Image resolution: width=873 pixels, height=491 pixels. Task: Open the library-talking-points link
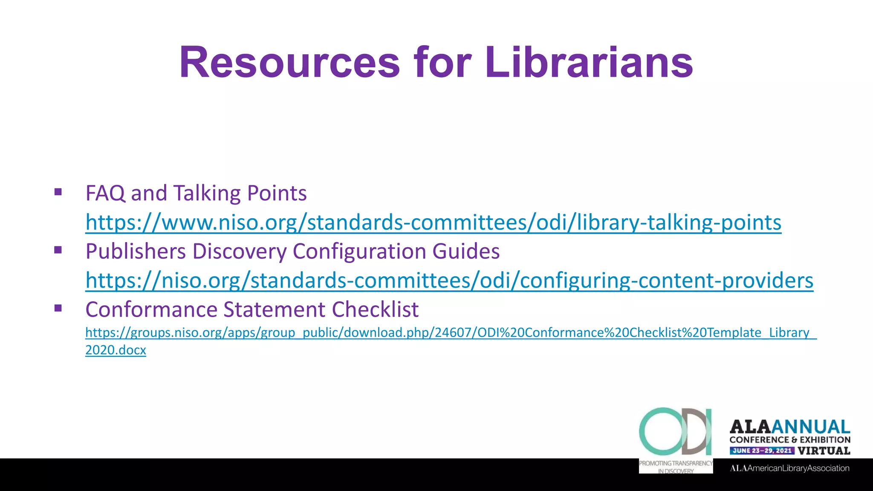(x=433, y=222)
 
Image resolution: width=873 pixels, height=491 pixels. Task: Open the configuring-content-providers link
(x=449, y=280)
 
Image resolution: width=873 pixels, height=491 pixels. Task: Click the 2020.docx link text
(x=116, y=350)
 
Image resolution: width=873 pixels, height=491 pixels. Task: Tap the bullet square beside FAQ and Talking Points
(x=58, y=192)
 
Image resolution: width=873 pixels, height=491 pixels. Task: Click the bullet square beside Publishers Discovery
(x=58, y=250)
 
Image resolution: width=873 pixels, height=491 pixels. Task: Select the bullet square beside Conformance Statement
(x=58, y=308)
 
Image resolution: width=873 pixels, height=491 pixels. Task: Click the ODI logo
(x=676, y=431)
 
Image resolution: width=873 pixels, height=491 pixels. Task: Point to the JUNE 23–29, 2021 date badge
(x=762, y=451)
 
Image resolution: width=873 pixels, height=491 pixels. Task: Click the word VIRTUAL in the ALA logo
(x=824, y=451)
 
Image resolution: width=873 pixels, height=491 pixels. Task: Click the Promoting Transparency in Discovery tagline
(x=676, y=467)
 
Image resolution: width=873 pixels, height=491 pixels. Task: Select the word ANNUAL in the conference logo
(x=810, y=427)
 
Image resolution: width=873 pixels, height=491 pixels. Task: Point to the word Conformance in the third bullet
(x=151, y=309)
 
